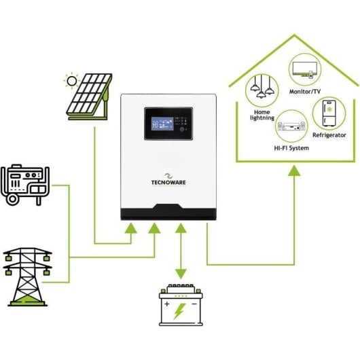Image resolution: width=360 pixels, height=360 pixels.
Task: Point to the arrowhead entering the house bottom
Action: tap(293, 173)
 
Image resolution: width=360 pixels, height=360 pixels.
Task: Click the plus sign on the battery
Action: tap(166, 304)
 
